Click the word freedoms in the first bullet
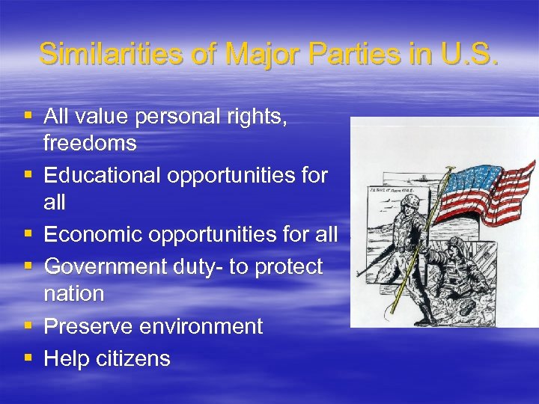click(90, 143)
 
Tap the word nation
click(74, 294)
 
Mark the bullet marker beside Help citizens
click(28, 358)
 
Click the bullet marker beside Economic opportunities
click(28, 234)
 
